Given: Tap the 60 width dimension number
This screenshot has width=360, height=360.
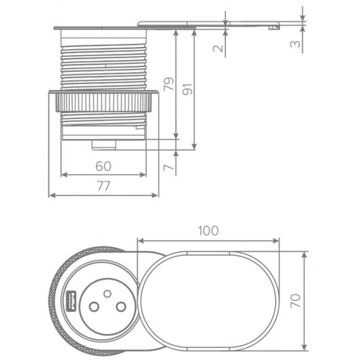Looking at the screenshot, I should coord(104,166).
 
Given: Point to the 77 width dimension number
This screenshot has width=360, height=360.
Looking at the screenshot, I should coord(104,186).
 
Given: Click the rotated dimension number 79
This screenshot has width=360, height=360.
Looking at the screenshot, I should coord(168,85).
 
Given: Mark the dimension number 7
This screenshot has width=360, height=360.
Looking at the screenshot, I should coord(168,167).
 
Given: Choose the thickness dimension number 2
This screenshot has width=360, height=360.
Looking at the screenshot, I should coord(218,49).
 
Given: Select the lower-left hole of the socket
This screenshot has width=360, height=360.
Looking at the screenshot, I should coord(94,306).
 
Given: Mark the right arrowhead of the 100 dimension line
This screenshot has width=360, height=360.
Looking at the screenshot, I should coord(277,240).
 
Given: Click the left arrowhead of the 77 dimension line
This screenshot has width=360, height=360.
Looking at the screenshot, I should coord(50,195).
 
